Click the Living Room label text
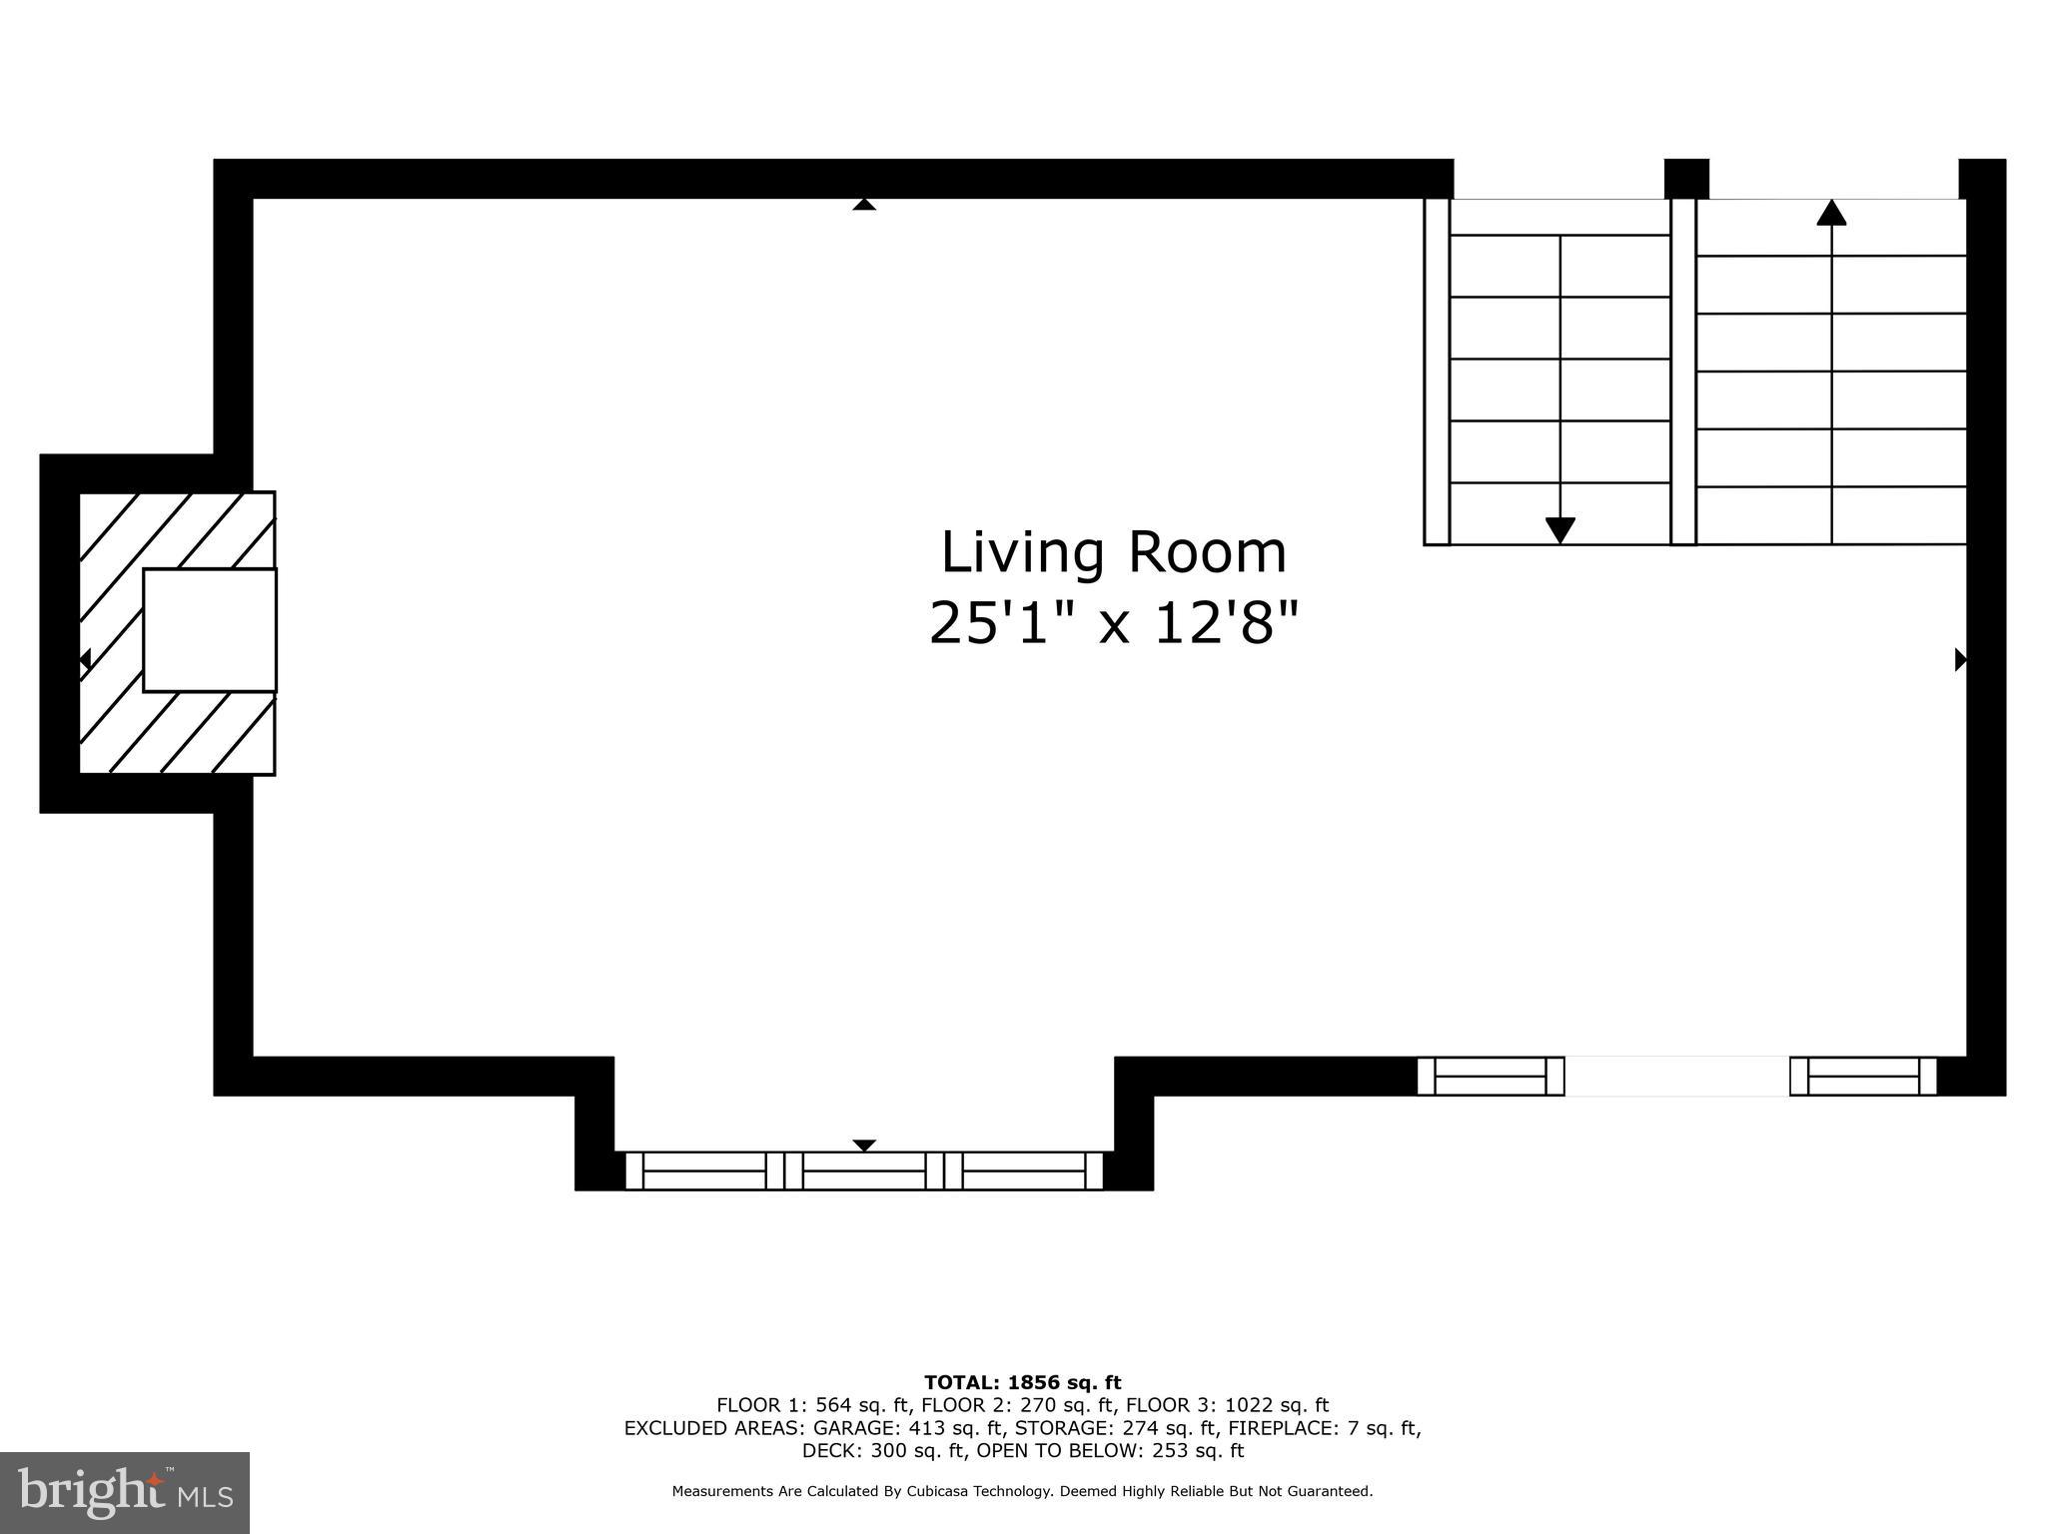click(1113, 553)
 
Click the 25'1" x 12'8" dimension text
click(1113, 624)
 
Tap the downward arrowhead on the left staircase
click(1559, 530)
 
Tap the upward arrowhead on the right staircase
click(1830, 212)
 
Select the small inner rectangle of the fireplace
click(210, 629)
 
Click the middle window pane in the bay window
click(864, 1170)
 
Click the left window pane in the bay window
click(704, 1170)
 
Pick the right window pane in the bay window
click(1023, 1170)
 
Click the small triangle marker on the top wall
click(864, 205)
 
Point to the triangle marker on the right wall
click(1960, 659)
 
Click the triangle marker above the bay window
click(864, 1145)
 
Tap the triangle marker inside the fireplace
click(86, 659)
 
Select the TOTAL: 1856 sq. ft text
click(1022, 1382)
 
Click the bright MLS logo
click(125, 1492)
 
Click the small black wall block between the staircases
click(1686, 179)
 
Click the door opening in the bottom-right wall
click(1676, 1076)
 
